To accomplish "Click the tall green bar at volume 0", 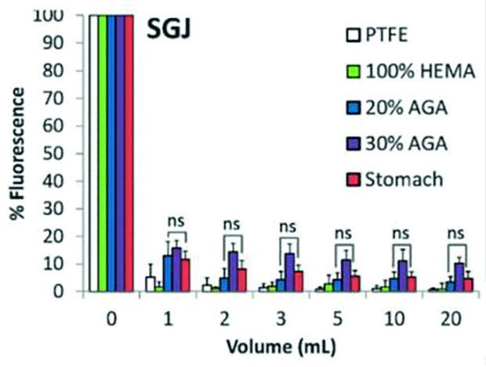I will [x=102, y=153].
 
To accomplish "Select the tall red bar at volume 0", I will [x=129, y=153].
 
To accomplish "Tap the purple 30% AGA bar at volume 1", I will [x=176, y=271].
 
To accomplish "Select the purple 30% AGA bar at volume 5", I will [x=346, y=275].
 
